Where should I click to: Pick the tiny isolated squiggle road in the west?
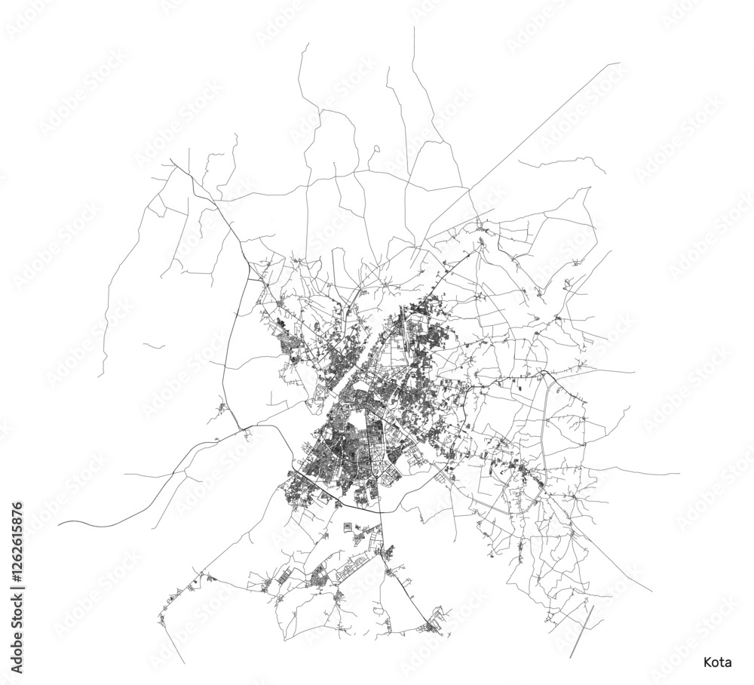click(154, 346)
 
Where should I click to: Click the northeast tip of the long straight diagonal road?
click(618, 63)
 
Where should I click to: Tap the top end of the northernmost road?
click(414, 28)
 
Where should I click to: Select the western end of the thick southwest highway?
click(59, 522)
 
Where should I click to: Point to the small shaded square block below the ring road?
click(347, 526)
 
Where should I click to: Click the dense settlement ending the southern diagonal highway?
click(434, 626)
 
